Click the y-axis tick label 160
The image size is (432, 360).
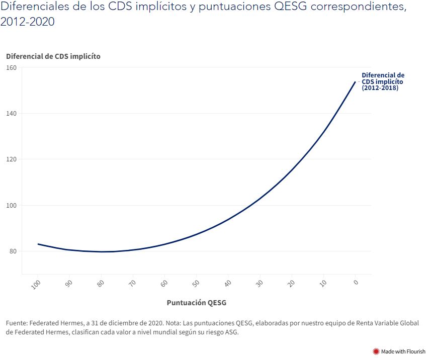click(11, 67)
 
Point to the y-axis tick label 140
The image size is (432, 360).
click(11, 114)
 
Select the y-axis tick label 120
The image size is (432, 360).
click(11, 159)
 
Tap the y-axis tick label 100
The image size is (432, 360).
click(11, 205)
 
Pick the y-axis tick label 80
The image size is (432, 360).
click(13, 251)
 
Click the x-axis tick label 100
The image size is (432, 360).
click(36, 285)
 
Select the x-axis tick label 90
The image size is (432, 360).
click(68, 284)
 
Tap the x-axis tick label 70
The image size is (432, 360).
click(132, 284)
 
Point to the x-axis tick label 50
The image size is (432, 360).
click(196, 284)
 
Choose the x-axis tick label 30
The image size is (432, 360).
click(260, 284)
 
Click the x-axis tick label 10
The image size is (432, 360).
click(323, 284)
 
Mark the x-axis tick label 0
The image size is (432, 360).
click(356, 282)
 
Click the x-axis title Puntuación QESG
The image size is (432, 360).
click(196, 303)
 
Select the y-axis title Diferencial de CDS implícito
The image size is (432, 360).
click(53, 56)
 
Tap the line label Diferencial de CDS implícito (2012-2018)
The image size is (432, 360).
click(383, 81)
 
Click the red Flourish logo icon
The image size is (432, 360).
click(375, 351)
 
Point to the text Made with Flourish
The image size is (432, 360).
click(403, 351)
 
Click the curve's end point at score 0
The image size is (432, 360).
click(356, 81)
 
